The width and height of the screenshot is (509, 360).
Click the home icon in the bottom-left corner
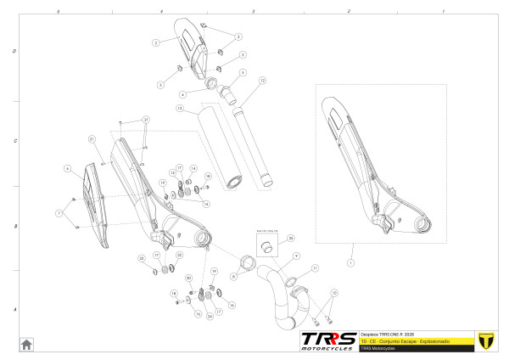(x=27, y=343)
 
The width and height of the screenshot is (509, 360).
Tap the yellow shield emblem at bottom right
(x=486, y=340)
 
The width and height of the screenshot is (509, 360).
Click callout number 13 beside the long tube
(x=180, y=110)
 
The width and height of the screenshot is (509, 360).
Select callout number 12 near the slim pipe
(x=263, y=80)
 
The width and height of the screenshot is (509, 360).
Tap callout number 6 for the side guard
(x=66, y=169)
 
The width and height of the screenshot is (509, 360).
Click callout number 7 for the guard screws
(x=59, y=211)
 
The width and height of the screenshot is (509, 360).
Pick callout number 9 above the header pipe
(x=296, y=255)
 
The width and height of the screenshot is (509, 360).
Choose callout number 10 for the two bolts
(x=333, y=292)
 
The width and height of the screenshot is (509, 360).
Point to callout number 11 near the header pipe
(x=315, y=268)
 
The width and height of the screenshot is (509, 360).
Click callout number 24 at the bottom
(x=210, y=316)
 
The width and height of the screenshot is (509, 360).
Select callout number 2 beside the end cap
(x=156, y=42)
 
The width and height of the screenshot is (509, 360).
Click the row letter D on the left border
(x=14, y=51)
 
